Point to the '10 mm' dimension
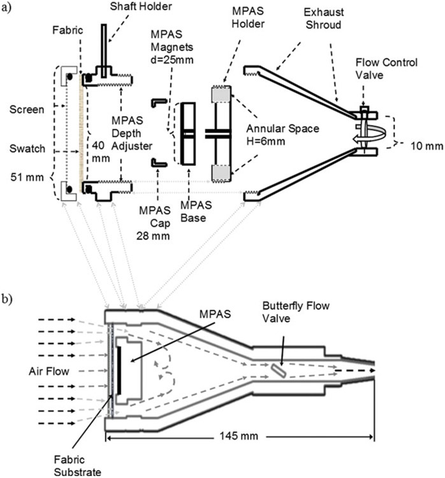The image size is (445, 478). click(425, 146)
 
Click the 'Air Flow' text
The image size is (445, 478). click(48, 370)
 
